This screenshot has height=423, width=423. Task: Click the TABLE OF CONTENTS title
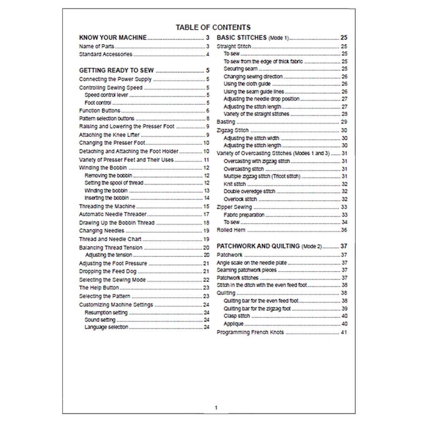[x=213, y=27]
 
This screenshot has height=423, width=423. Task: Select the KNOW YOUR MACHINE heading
[x=113, y=38]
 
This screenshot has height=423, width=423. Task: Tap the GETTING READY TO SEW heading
[x=116, y=70]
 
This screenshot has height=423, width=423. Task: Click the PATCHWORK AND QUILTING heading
[x=258, y=246]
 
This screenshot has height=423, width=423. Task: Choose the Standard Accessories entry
[x=106, y=54]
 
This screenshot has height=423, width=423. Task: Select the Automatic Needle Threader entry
[x=113, y=214]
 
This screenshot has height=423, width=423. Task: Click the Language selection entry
[x=106, y=327]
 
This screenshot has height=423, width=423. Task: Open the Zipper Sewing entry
[x=234, y=207]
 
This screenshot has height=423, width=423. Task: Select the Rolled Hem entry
[x=231, y=230]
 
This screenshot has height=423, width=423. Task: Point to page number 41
[x=344, y=332]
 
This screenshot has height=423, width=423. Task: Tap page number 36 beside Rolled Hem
[x=344, y=230]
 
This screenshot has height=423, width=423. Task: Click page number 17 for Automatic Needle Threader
[x=206, y=214]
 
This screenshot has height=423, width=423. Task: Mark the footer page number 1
[x=216, y=408]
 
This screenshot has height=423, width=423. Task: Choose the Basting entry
[x=226, y=122]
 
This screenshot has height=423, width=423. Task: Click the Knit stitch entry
[x=234, y=184]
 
